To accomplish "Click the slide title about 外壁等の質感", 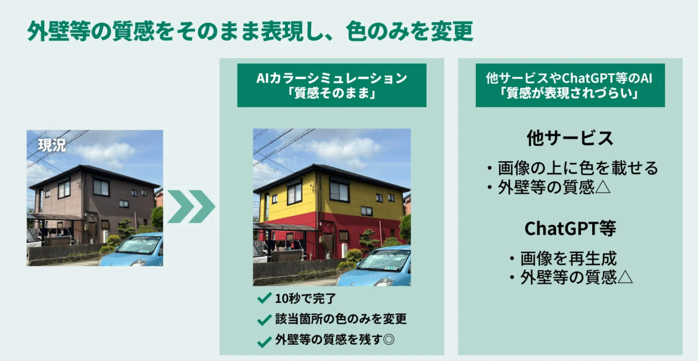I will (x=250, y=32).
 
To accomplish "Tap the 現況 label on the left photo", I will (x=52, y=145).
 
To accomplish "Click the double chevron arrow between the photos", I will (x=191, y=206).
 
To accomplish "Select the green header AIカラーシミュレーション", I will (x=332, y=85).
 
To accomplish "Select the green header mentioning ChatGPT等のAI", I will (x=570, y=85).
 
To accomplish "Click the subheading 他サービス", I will (x=570, y=138).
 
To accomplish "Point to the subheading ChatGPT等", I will (x=570, y=228).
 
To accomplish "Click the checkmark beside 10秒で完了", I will (x=264, y=298).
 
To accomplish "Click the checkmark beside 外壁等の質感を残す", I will (x=264, y=341).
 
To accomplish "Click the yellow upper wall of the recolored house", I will (x=349, y=201).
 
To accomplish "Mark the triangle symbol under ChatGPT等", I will (x=625, y=278).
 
